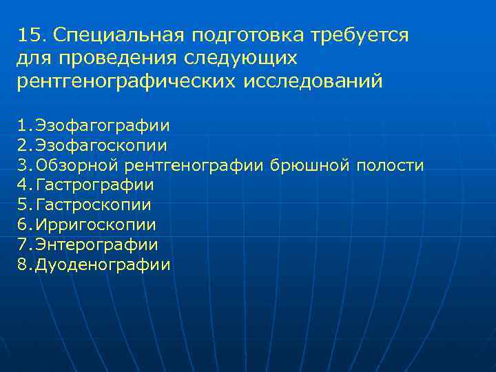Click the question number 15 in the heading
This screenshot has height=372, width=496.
[x=29, y=34]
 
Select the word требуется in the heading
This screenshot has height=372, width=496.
[x=360, y=35]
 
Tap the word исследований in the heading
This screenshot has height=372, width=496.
[x=311, y=82]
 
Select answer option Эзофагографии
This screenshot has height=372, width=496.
[x=103, y=126]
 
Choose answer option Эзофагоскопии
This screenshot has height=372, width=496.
[x=101, y=146]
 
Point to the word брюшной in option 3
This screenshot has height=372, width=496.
[x=311, y=165]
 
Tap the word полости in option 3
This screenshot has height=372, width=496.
[x=390, y=165]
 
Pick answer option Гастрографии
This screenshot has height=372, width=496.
[x=94, y=185]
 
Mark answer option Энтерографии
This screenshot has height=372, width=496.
[x=97, y=245]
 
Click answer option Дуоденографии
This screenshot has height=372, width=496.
[x=103, y=265]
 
